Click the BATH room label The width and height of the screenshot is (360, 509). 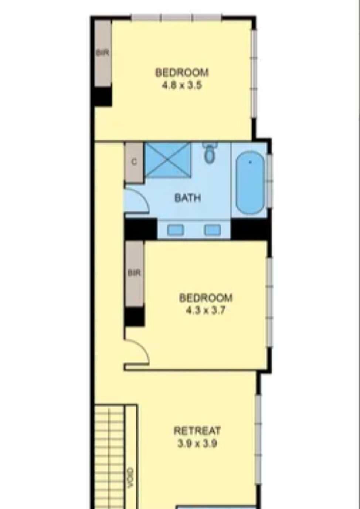pos(188,198)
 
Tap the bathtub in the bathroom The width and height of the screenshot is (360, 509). pos(250,183)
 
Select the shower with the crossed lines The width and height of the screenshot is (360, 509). pos(168,159)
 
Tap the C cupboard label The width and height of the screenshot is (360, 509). pos(135,162)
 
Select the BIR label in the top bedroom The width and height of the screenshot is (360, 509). pos(102,53)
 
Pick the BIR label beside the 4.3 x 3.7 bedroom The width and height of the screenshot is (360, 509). pos(134,273)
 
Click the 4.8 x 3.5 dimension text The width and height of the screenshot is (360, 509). pos(181,86)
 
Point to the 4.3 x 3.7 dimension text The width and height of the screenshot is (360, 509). pos(206,311)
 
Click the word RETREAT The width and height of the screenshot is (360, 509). pos(197,431)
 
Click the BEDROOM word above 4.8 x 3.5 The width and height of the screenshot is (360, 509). pos(182,72)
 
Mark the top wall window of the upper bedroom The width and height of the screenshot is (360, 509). pos(176,17)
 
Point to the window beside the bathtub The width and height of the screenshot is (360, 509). pos(269,181)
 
